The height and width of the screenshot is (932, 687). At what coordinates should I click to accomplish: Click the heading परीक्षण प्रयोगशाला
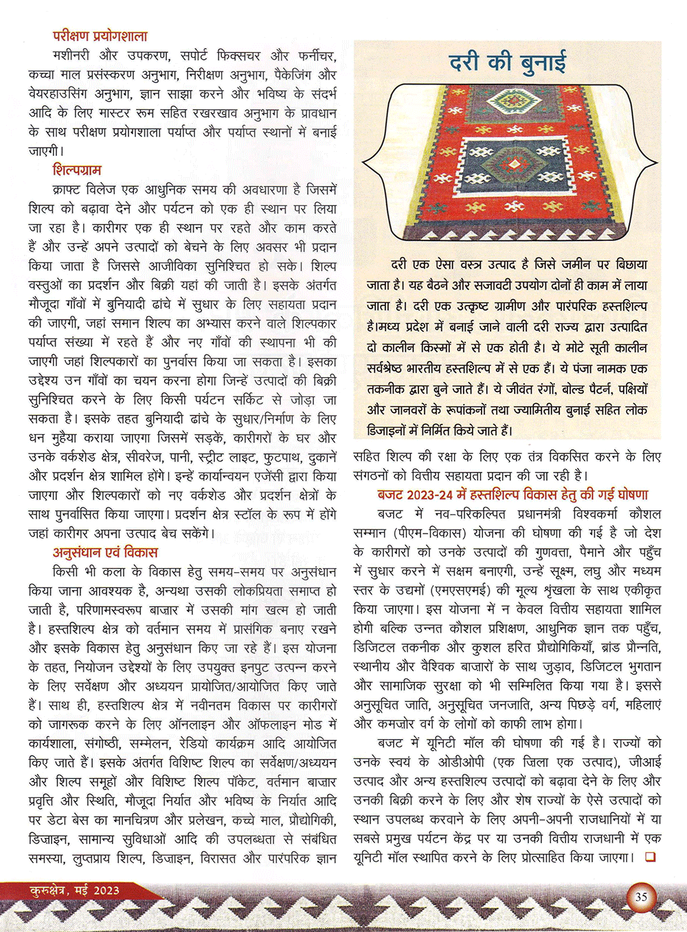(100, 36)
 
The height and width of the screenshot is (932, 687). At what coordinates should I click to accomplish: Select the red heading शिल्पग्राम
(77, 170)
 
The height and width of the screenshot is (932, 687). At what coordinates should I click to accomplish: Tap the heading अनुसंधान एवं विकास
(105, 552)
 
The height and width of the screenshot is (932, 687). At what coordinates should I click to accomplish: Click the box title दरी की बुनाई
(508, 62)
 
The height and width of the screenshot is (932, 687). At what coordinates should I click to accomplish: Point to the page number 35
(641, 896)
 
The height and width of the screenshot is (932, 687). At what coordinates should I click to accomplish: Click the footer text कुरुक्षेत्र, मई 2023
(74, 891)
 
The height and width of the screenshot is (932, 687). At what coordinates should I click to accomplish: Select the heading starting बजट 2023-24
(513, 495)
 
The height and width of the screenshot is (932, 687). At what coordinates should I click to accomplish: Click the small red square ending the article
(650, 857)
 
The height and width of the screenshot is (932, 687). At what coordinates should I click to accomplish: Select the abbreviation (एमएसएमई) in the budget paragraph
(460, 590)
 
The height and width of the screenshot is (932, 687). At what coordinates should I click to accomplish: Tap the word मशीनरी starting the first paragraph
(75, 56)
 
